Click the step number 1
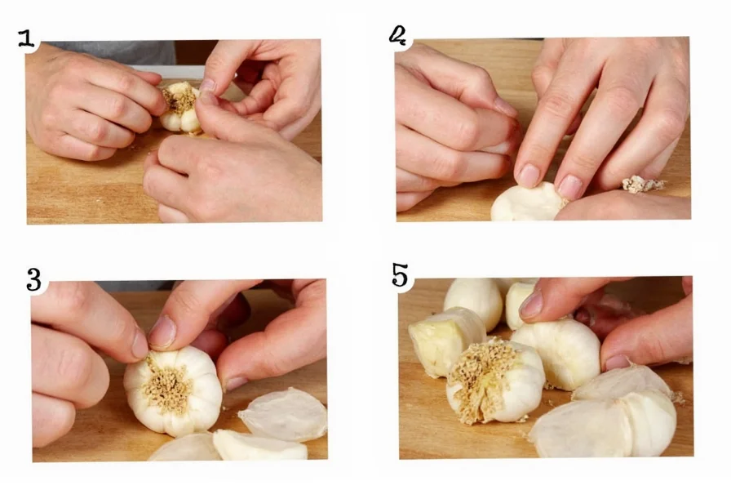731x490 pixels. (27, 38)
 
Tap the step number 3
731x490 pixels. (33, 279)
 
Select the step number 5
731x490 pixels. (400, 276)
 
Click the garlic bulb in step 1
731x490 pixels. (181, 109)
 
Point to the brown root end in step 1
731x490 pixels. (180, 99)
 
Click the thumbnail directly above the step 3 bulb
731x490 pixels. (162, 332)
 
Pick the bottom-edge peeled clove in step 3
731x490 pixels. (259, 447)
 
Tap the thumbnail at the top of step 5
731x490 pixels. (531, 305)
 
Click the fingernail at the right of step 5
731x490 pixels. (618, 361)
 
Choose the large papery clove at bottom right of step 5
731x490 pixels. (608, 421)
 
